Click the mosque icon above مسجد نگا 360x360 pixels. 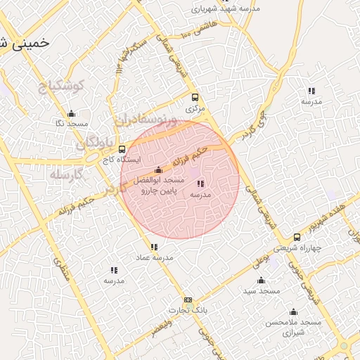click(x=71, y=114)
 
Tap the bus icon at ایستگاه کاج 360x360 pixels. click(x=122, y=149)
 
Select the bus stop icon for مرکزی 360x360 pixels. click(x=195, y=98)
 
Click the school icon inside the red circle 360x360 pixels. click(x=200, y=184)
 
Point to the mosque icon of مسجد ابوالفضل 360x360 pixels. click(x=158, y=169)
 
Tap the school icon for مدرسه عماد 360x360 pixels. click(x=154, y=247)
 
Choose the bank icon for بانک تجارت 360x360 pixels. click(x=188, y=300)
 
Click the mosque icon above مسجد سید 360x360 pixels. click(x=262, y=280)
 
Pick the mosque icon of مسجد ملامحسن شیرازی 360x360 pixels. click(x=294, y=311)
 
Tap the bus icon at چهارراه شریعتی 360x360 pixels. click(x=297, y=238)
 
